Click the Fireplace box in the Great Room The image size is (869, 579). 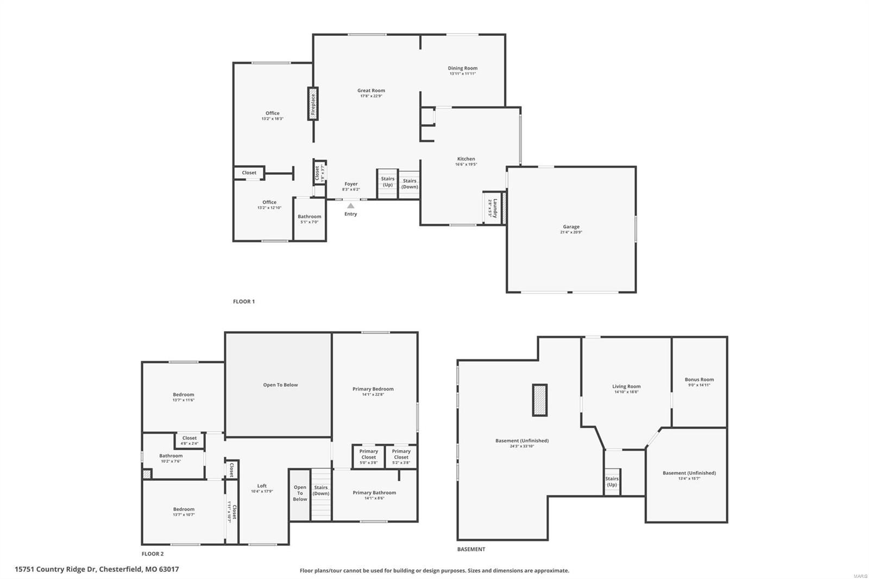pos(313,104)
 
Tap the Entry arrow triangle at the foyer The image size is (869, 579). pos(351,206)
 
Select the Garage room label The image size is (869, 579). pos(571,227)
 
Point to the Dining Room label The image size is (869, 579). pos(463,68)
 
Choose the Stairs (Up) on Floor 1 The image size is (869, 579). pos(387,182)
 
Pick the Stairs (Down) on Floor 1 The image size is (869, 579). pos(410,184)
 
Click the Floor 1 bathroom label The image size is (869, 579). pos(309,217)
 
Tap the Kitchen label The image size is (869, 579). pos(466,159)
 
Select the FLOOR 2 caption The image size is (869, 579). pos(153,554)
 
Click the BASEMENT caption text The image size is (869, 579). pos(471,549)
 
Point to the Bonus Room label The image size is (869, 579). pos(699,380)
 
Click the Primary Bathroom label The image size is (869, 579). pos(374,493)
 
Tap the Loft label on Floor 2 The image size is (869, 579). pos(262,486)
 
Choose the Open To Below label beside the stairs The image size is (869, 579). pos(300,493)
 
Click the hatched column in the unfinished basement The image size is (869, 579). pos(539,400)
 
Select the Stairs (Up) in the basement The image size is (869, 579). pos(612,482)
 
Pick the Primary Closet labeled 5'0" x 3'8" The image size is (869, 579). pos(368,454)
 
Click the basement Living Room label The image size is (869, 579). pos(626,387)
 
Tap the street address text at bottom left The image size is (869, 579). pos(97,569)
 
